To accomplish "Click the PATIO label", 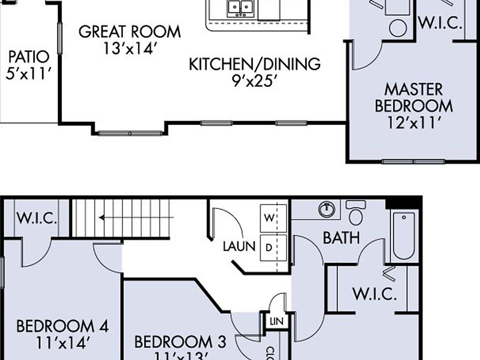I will click(29, 55).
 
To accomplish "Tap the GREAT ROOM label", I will click(129, 31).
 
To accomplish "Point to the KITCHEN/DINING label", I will click(254, 64).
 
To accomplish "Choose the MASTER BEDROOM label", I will click(414, 98).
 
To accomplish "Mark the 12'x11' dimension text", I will click(414, 122).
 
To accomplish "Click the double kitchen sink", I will click(240, 8).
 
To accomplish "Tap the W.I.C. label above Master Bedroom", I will click(439, 23).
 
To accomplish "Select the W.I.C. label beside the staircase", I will click(36, 218).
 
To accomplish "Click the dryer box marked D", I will click(269, 247).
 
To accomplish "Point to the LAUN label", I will click(239, 246).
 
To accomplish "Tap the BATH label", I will click(341, 238).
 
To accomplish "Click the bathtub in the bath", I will click(403, 235).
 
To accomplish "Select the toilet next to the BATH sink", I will click(355, 213).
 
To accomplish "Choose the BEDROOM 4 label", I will click(62, 327).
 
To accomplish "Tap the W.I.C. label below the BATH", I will click(374, 294).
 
